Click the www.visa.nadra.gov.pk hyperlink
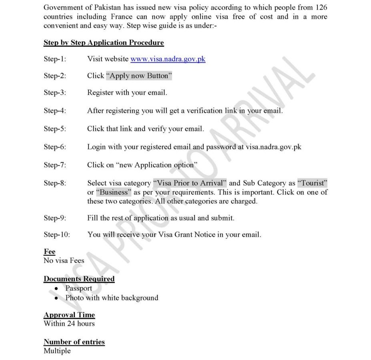pos(168,59)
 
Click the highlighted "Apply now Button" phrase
pos(139,76)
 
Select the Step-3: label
pos(55,92)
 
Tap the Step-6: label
pos(55,147)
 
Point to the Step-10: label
pos(56,234)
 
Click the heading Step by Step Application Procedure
pos(104,43)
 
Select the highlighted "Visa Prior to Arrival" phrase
pos(190,183)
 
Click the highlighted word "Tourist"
pos(313,183)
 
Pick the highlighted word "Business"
pos(114,192)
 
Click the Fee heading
pos(49,252)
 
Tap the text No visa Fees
pos(64,260)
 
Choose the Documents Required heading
pos(79,279)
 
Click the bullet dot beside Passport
pos(56,289)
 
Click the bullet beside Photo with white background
pos(56,298)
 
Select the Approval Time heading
pos(69,315)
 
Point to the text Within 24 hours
pos(69,323)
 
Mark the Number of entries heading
pos(74,342)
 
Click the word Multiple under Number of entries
pos(57,351)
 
